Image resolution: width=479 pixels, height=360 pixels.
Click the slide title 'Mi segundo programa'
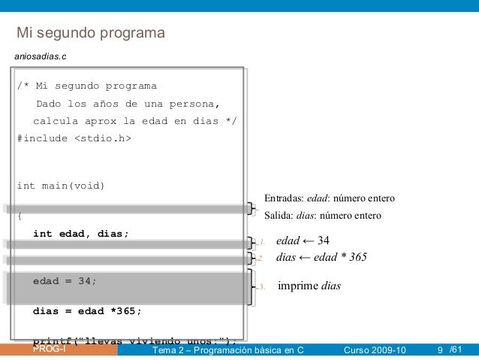pos(91,34)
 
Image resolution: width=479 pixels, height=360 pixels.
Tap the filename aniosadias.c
pos(35,56)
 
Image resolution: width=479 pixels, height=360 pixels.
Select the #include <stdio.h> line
pos(74,138)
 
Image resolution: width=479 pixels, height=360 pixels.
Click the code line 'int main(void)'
pos(61,186)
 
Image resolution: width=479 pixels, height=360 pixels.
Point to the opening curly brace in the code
pos(20,216)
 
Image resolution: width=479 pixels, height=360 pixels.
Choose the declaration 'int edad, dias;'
pos(81,234)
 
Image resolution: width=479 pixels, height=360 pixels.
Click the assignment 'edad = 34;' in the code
pos(65,281)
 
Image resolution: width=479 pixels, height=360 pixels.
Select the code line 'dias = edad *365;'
pos(87,310)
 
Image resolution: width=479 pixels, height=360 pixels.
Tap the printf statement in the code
pos(135,339)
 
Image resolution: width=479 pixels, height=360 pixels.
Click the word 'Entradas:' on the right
pos(283,199)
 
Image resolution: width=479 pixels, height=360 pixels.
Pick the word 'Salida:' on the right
pos(278,216)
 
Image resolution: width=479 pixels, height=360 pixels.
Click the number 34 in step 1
pos(324,241)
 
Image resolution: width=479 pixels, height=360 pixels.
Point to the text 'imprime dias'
pos(309,286)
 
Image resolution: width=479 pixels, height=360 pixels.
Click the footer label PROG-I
pos(49,349)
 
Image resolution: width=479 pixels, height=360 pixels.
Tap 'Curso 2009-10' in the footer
pos(373,350)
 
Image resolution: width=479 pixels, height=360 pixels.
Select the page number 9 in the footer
pos(440,350)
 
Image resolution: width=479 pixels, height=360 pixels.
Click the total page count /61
pos(456,350)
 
